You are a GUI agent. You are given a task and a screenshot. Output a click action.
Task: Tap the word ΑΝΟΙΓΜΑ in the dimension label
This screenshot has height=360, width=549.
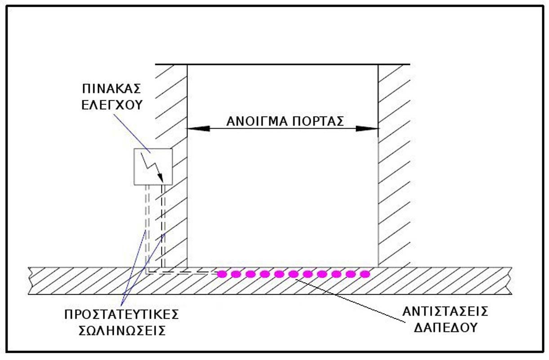[x=253, y=121]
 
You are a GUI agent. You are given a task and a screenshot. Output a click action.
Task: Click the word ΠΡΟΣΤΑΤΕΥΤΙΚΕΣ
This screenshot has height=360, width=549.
[x=122, y=314]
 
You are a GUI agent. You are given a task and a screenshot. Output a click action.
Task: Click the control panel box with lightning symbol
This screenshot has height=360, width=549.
[x=153, y=166]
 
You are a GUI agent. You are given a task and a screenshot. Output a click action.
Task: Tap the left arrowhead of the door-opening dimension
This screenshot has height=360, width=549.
[x=198, y=129]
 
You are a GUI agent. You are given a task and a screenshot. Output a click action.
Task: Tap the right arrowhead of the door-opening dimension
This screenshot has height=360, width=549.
[x=367, y=129]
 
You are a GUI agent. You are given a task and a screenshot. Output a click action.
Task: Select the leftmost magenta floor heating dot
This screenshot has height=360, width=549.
[x=222, y=274]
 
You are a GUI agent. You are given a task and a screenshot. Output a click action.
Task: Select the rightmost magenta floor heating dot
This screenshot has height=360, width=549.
[x=365, y=274]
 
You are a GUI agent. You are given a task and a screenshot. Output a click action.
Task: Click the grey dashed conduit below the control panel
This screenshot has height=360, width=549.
[x=146, y=225]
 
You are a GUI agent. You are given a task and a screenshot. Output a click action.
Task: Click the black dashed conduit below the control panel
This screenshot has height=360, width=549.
[x=163, y=225]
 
